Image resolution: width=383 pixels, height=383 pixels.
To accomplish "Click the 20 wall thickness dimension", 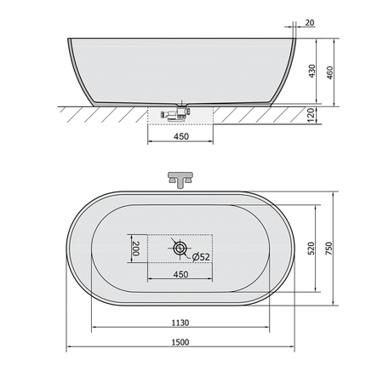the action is click(x=310, y=23).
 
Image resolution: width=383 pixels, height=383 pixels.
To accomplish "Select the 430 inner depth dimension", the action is click(x=312, y=71).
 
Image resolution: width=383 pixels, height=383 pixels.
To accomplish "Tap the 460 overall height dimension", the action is click(x=329, y=72).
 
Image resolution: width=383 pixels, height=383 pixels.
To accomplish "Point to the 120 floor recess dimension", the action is click(x=312, y=115).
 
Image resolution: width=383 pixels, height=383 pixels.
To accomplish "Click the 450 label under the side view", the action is click(x=181, y=136).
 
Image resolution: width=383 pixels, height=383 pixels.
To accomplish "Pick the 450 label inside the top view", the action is click(x=180, y=274).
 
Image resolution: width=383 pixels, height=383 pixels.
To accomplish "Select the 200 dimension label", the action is click(x=136, y=249).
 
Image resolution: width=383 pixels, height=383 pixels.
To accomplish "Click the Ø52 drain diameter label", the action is click(x=201, y=257).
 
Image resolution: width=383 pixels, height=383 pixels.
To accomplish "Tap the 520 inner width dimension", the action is click(x=312, y=249).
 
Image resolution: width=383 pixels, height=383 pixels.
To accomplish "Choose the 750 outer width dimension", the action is click(x=329, y=249).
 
